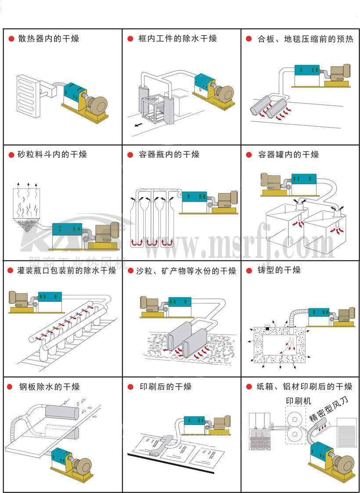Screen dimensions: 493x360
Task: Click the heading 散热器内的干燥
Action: click(48, 39)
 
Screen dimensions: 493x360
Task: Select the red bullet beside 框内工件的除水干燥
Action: click(130, 39)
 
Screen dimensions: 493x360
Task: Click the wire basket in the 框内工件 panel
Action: click(153, 108)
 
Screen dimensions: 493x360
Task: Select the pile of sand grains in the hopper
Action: click(28, 226)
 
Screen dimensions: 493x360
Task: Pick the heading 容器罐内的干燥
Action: click(288, 154)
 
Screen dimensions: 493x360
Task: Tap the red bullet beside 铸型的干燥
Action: click(248, 270)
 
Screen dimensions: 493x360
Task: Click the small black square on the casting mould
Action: click(267, 329)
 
